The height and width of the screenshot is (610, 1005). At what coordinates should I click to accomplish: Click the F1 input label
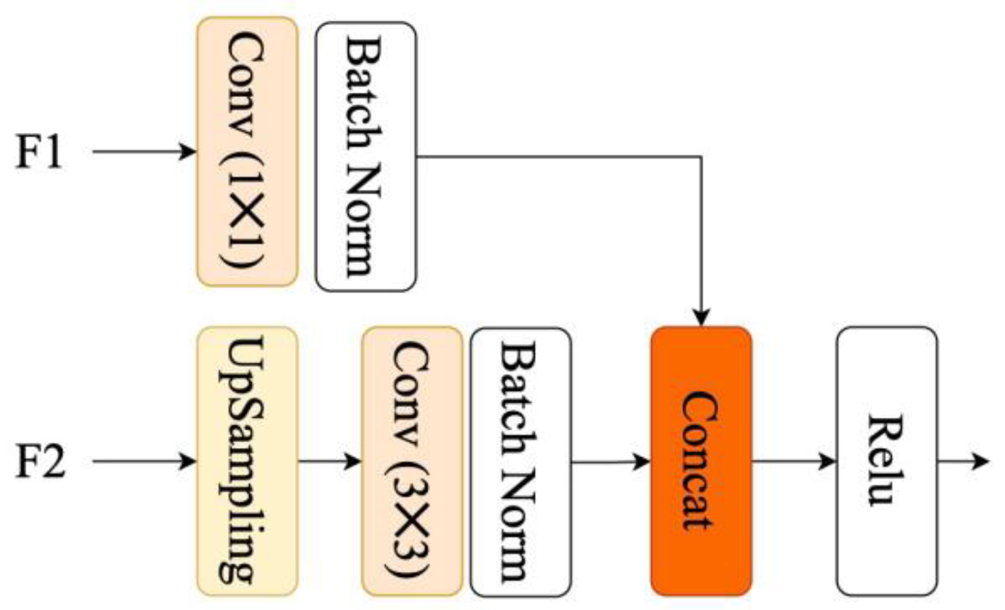pos(39,152)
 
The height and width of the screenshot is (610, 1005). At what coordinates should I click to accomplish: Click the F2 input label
pos(40,461)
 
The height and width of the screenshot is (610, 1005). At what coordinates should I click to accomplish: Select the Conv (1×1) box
pos(247,152)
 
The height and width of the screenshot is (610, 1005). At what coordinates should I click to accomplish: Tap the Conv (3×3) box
pos(411,461)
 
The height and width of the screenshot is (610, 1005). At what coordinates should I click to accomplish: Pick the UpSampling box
pos(247,461)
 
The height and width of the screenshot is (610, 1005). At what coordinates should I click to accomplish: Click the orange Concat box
pos(700,461)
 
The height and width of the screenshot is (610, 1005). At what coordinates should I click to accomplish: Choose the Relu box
pos(887,461)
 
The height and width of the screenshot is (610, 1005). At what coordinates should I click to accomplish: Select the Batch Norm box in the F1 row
pos(365,157)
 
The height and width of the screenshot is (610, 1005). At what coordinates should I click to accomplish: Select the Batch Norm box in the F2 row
pos(520,461)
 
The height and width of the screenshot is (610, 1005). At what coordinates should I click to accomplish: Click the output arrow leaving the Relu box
pos(963,461)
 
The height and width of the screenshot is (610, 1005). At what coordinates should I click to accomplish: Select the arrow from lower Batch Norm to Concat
pos(610,461)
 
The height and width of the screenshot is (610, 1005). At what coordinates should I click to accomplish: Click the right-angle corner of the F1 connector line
pos(700,157)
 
